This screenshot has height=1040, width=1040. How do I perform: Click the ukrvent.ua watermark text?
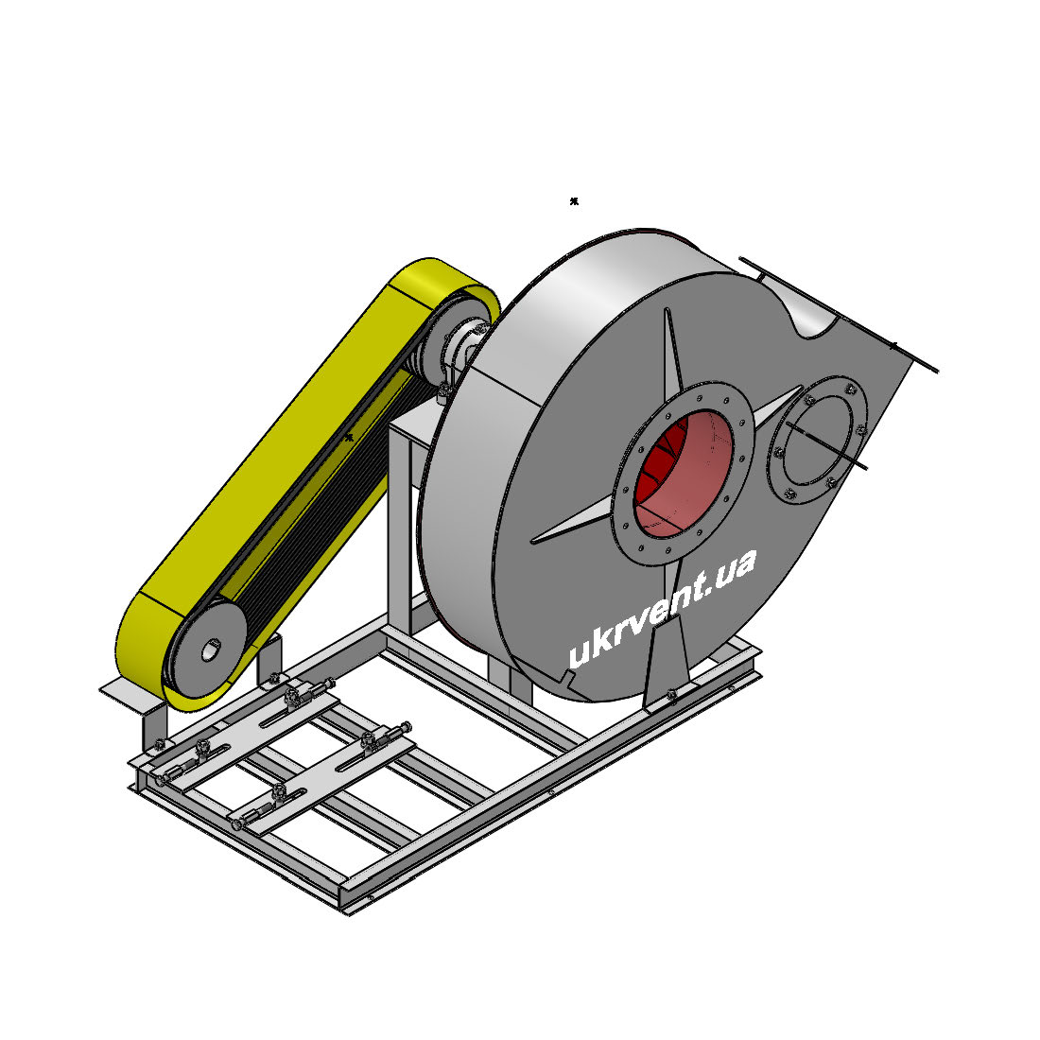coord(662,608)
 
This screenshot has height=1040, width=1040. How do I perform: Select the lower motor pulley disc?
coord(205,650)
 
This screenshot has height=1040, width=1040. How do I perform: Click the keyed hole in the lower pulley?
coord(210,650)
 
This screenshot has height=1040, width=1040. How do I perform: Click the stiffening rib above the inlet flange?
coord(673,355)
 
